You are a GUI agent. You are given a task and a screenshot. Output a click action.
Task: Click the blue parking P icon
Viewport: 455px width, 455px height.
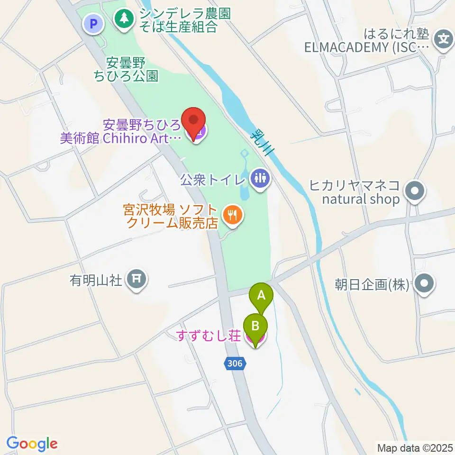click(93, 23)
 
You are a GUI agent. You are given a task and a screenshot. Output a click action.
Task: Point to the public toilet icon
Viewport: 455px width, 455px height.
click(260, 179)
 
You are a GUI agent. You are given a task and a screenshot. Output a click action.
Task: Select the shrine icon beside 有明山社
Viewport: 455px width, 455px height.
click(137, 280)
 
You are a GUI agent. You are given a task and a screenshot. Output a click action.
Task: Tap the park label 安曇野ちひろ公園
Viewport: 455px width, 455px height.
click(126, 69)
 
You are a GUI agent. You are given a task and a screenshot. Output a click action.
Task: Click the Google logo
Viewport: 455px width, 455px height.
click(32, 444)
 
